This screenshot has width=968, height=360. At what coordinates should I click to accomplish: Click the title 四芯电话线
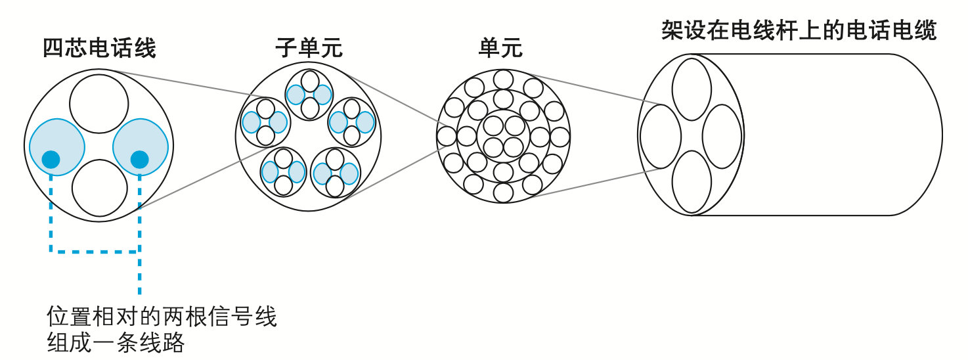pyautogui.click(x=99, y=49)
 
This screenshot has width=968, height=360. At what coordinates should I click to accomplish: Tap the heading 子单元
pyautogui.click(x=309, y=49)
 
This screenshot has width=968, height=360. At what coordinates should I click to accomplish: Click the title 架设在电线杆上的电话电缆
pyautogui.click(x=799, y=31)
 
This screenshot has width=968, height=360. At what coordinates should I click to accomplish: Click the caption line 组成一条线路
pyautogui.click(x=116, y=343)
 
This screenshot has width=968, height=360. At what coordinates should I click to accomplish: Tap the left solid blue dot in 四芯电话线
pyautogui.click(x=51, y=159)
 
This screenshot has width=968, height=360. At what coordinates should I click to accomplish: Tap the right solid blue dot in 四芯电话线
pyautogui.click(x=139, y=159)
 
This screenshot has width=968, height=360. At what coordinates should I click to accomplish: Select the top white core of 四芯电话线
pyautogui.click(x=99, y=103)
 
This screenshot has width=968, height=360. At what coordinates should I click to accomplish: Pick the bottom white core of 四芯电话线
pyautogui.click(x=99, y=187)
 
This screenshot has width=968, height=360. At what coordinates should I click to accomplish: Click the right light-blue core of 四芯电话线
pyautogui.click(x=140, y=146)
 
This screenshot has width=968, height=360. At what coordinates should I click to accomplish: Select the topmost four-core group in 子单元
pyautogui.click(x=309, y=95)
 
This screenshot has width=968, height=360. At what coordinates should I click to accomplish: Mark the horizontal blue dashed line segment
pyautogui.click(x=95, y=250)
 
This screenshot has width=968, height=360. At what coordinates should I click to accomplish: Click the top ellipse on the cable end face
pyautogui.click(x=692, y=89)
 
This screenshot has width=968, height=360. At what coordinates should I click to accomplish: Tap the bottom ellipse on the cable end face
pyautogui.click(x=692, y=182)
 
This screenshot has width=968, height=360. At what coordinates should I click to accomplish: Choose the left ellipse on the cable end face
pyautogui.click(x=660, y=136)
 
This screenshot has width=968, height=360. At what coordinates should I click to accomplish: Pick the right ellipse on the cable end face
pyautogui.click(x=722, y=136)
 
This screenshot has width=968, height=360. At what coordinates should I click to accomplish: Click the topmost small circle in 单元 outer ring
pyautogui.click(x=503, y=79)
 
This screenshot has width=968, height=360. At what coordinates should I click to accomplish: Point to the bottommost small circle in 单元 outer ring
pyautogui.click(x=503, y=192)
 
